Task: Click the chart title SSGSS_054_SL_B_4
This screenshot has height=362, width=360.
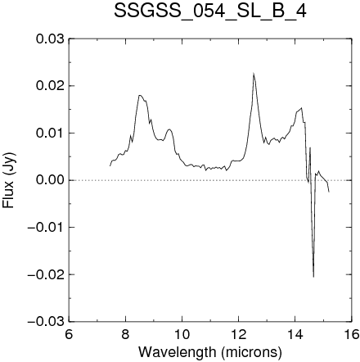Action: click(x=210, y=11)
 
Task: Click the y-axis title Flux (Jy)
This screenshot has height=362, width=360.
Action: click(x=9, y=180)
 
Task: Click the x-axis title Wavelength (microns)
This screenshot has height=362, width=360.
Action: click(x=210, y=352)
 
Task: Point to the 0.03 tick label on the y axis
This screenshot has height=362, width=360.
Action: click(x=50, y=38)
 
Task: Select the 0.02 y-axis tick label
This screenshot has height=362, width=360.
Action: click(x=50, y=86)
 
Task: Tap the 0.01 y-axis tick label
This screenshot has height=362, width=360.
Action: click(x=50, y=133)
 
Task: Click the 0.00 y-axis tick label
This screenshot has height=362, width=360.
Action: click(x=50, y=180)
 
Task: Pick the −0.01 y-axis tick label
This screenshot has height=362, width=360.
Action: click(x=46, y=227)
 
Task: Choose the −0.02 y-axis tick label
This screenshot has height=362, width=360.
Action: click(x=46, y=274)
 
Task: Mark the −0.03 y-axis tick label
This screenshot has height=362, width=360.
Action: click(x=46, y=322)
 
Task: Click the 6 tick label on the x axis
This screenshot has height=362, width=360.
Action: click(x=69, y=334)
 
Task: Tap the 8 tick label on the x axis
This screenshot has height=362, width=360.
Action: click(x=125, y=334)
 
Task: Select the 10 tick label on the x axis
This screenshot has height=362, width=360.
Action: click(x=182, y=334)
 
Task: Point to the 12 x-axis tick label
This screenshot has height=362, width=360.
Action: click(x=239, y=334)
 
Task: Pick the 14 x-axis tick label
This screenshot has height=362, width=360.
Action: click(x=295, y=334)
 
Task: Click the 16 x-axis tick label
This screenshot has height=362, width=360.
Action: click(x=352, y=334)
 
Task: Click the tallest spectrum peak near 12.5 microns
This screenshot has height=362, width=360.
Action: click(x=254, y=73)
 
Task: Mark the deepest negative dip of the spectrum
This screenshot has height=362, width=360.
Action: click(x=313, y=277)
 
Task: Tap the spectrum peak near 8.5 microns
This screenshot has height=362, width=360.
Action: click(x=140, y=95)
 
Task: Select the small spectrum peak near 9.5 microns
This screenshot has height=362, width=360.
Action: click(x=169, y=129)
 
